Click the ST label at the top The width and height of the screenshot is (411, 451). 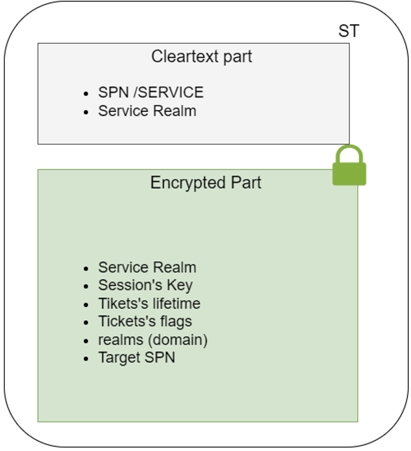point(349,31)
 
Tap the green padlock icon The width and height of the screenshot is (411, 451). point(349,166)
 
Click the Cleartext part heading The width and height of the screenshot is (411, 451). point(202,57)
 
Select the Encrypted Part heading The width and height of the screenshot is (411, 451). point(205,183)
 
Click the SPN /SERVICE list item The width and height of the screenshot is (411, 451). point(150,92)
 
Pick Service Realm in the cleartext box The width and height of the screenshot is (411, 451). point(147,111)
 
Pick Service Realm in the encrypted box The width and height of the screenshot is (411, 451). point(147,267)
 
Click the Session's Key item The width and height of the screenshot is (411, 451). point(145,285)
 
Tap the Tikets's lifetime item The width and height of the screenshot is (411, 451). point(149,303)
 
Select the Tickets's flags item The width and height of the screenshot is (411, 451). point(145,321)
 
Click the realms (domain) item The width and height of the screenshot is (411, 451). point(153,340)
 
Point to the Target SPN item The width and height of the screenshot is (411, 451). point(137,358)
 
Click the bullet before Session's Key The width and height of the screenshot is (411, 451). point(86,286)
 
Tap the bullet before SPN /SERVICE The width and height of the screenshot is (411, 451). point(86,93)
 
